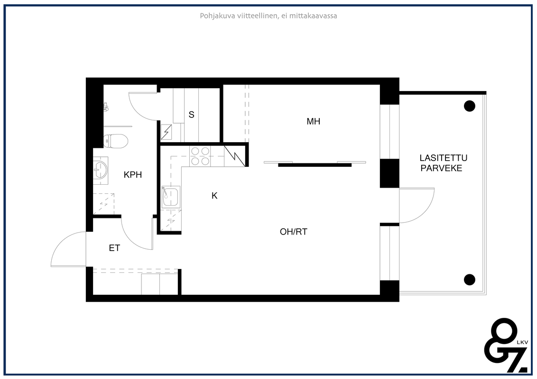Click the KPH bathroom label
coord(132,175)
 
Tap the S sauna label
coord(192,115)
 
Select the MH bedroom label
coord(314,121)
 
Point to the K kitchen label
coord(214,196)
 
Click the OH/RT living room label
coord(294,232)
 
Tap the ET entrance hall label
coord(114,248)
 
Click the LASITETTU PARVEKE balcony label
coord(443,163)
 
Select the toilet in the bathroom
coord(116,141)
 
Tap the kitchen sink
coord(171,197)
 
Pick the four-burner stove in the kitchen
coord(200,156)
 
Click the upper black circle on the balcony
coord(470,106)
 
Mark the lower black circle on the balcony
coord(470,280)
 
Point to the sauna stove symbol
coord(167,132)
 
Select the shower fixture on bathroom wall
coord(107,107)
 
